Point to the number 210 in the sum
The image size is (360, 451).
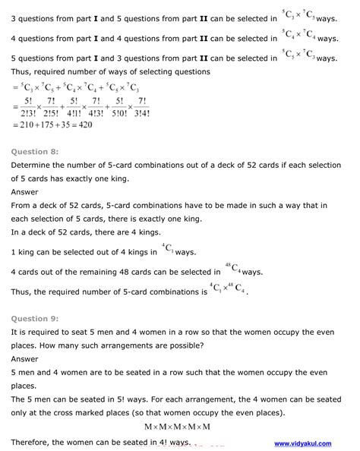coord(28,126)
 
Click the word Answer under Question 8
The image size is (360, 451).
coord(25,192)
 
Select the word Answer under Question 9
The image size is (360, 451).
coord(25,359)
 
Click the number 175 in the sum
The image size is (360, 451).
coord(55,126)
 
